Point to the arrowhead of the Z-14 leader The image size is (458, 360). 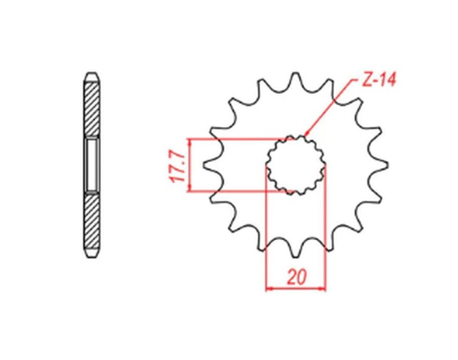click(307, 135)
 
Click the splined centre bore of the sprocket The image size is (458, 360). click(296, 165)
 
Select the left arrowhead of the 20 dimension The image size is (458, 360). click(270, 288)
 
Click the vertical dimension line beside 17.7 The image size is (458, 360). click(189, 165)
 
